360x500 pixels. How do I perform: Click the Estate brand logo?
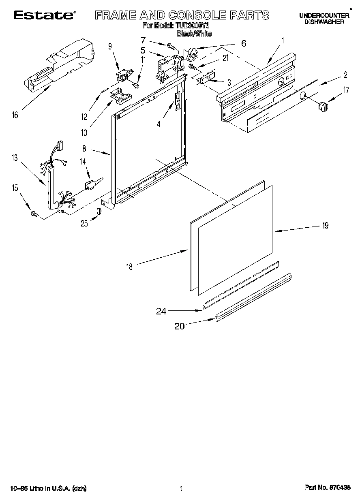coord(44,15)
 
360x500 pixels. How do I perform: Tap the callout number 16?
coord(15,115)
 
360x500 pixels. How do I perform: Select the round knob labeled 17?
coord(323,106)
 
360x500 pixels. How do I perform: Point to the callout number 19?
coord(325,226)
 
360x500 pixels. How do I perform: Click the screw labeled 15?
coord(34,214)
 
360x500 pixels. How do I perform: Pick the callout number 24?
coord(161,311)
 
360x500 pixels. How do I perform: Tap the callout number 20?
coord(179,326)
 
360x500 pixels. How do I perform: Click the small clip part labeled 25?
coord(98,211)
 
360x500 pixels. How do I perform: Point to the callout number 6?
coord(243,43)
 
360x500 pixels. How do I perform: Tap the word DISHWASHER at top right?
coord(324,22)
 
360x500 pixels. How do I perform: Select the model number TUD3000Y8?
coord(192,26)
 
